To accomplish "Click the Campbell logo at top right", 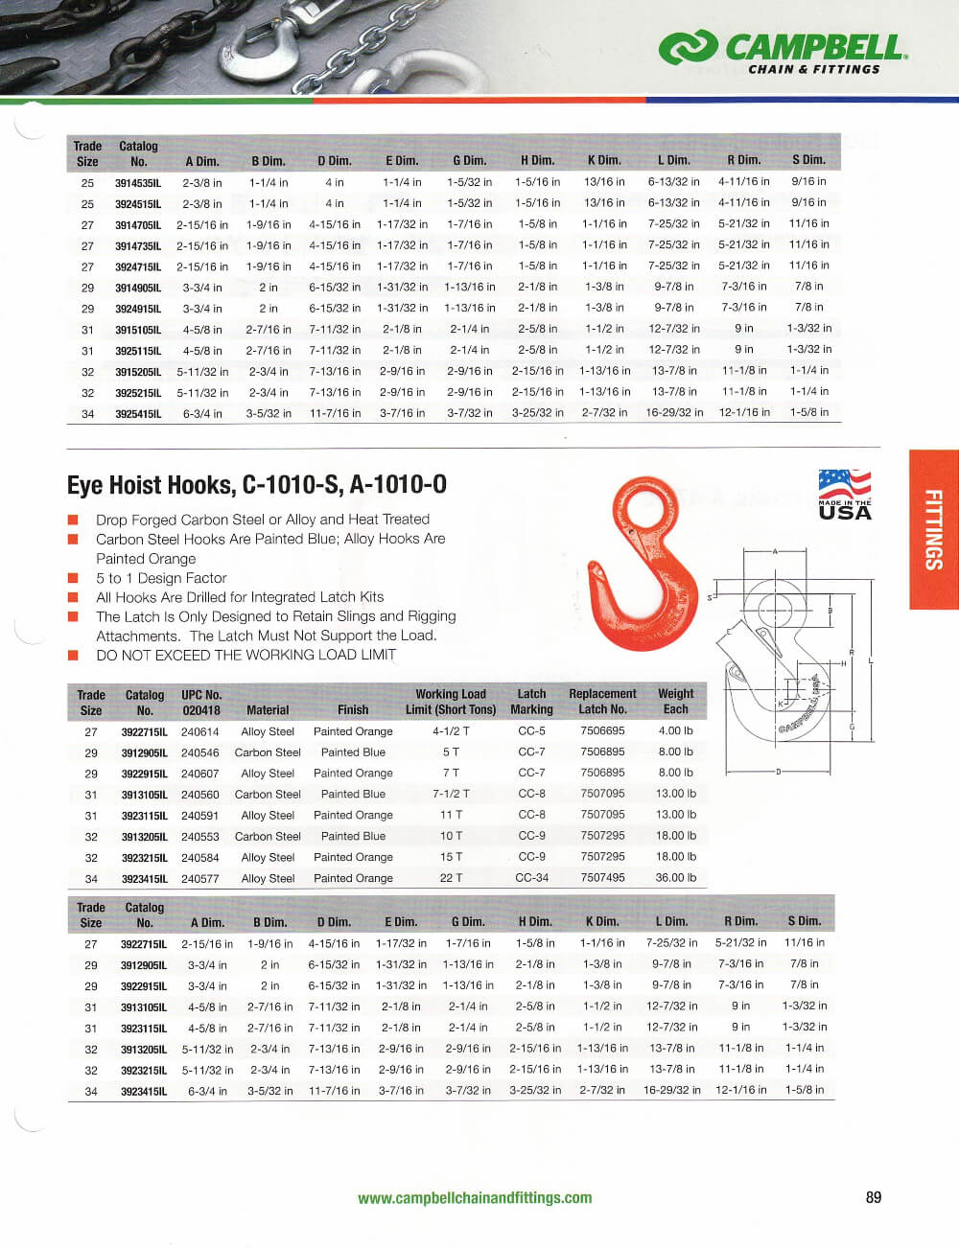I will [x=783, y=52].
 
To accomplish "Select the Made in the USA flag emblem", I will [x=845, y=494].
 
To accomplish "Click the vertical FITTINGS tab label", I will [x=933, y=529].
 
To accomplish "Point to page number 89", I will [x=873, y=1197].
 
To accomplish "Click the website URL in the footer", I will [x=475, y=1198].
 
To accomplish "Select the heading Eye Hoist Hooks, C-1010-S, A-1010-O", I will [x=256, y=485].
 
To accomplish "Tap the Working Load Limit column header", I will [x=451, y=702].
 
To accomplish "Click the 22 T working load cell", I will [x=451, y=878].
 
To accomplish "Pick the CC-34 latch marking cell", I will [x=531, y=878].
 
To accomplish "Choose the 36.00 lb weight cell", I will [x=675, y=878].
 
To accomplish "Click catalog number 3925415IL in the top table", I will [x=138, y=414].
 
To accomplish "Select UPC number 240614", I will [x=199, y=731].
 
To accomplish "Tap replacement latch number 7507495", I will [x=602, y=878].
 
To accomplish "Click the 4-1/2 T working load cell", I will [x=451, y=731].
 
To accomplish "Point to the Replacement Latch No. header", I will [x=602, y=702].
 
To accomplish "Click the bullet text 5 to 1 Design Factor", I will [x=161, y=578].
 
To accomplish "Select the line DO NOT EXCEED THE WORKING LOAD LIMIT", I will [x=246, y=655].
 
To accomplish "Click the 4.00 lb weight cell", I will [x=675, y=731].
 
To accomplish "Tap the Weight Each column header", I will [x=675, y=702].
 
